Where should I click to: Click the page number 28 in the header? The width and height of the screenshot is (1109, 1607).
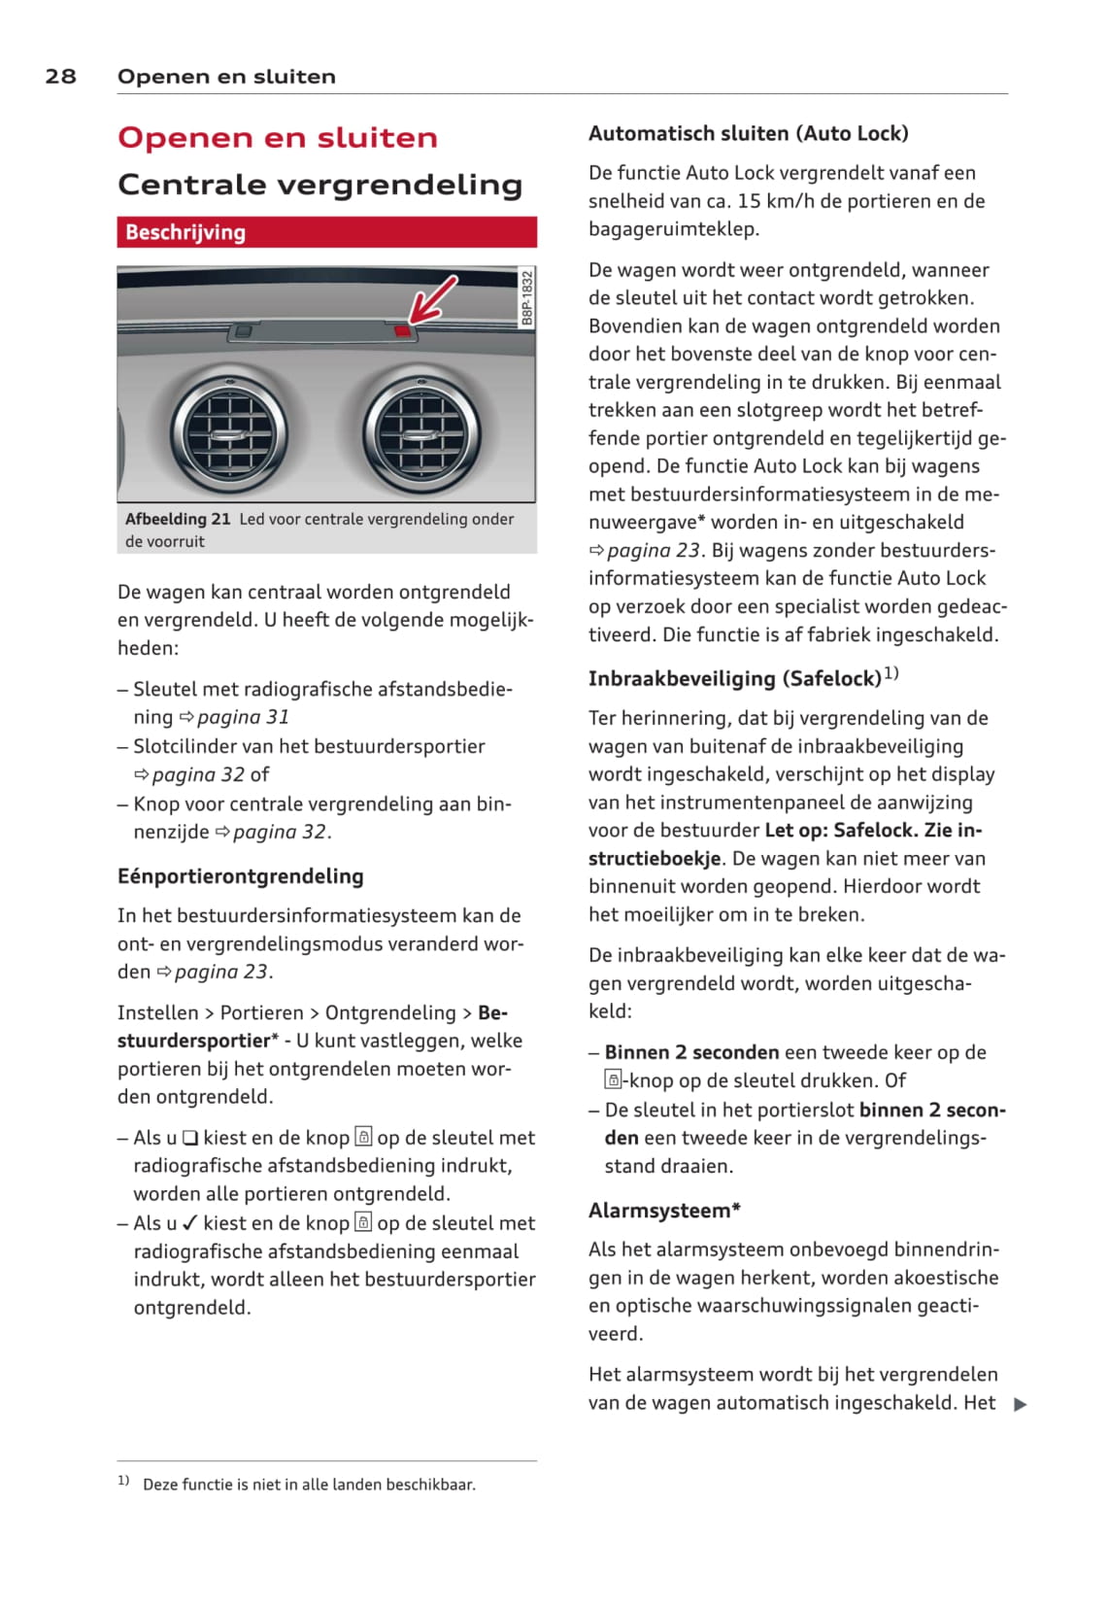coord(60,77)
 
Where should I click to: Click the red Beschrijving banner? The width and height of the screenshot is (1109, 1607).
coord(326,232)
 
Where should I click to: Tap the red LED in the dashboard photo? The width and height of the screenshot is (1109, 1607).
coord(403,331)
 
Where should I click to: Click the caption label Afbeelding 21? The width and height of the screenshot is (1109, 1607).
coord(178,519)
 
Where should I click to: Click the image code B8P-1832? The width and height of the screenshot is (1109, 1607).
coord(526,298)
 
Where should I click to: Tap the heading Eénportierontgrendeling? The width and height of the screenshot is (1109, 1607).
coord(240,876)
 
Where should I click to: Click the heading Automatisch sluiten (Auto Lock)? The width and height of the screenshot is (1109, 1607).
coord(748,134)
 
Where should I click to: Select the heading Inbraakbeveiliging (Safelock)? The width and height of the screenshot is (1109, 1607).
coord(734,678)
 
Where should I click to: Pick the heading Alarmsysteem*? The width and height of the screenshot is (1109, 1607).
coord(664,1211)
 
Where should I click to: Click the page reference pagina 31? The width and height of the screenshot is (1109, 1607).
coord(243,717)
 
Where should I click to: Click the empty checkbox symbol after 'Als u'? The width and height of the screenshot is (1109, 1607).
coord(190,1138)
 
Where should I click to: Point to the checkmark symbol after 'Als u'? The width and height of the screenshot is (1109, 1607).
coord(190,1223)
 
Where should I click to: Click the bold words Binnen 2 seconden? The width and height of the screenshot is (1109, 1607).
coord(691,1052)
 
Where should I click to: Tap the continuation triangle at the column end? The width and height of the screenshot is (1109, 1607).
coord(1020,1404)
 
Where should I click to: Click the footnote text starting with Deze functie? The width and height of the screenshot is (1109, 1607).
coord(309,1485)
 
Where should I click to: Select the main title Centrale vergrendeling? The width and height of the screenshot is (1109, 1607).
coord(319,185)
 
